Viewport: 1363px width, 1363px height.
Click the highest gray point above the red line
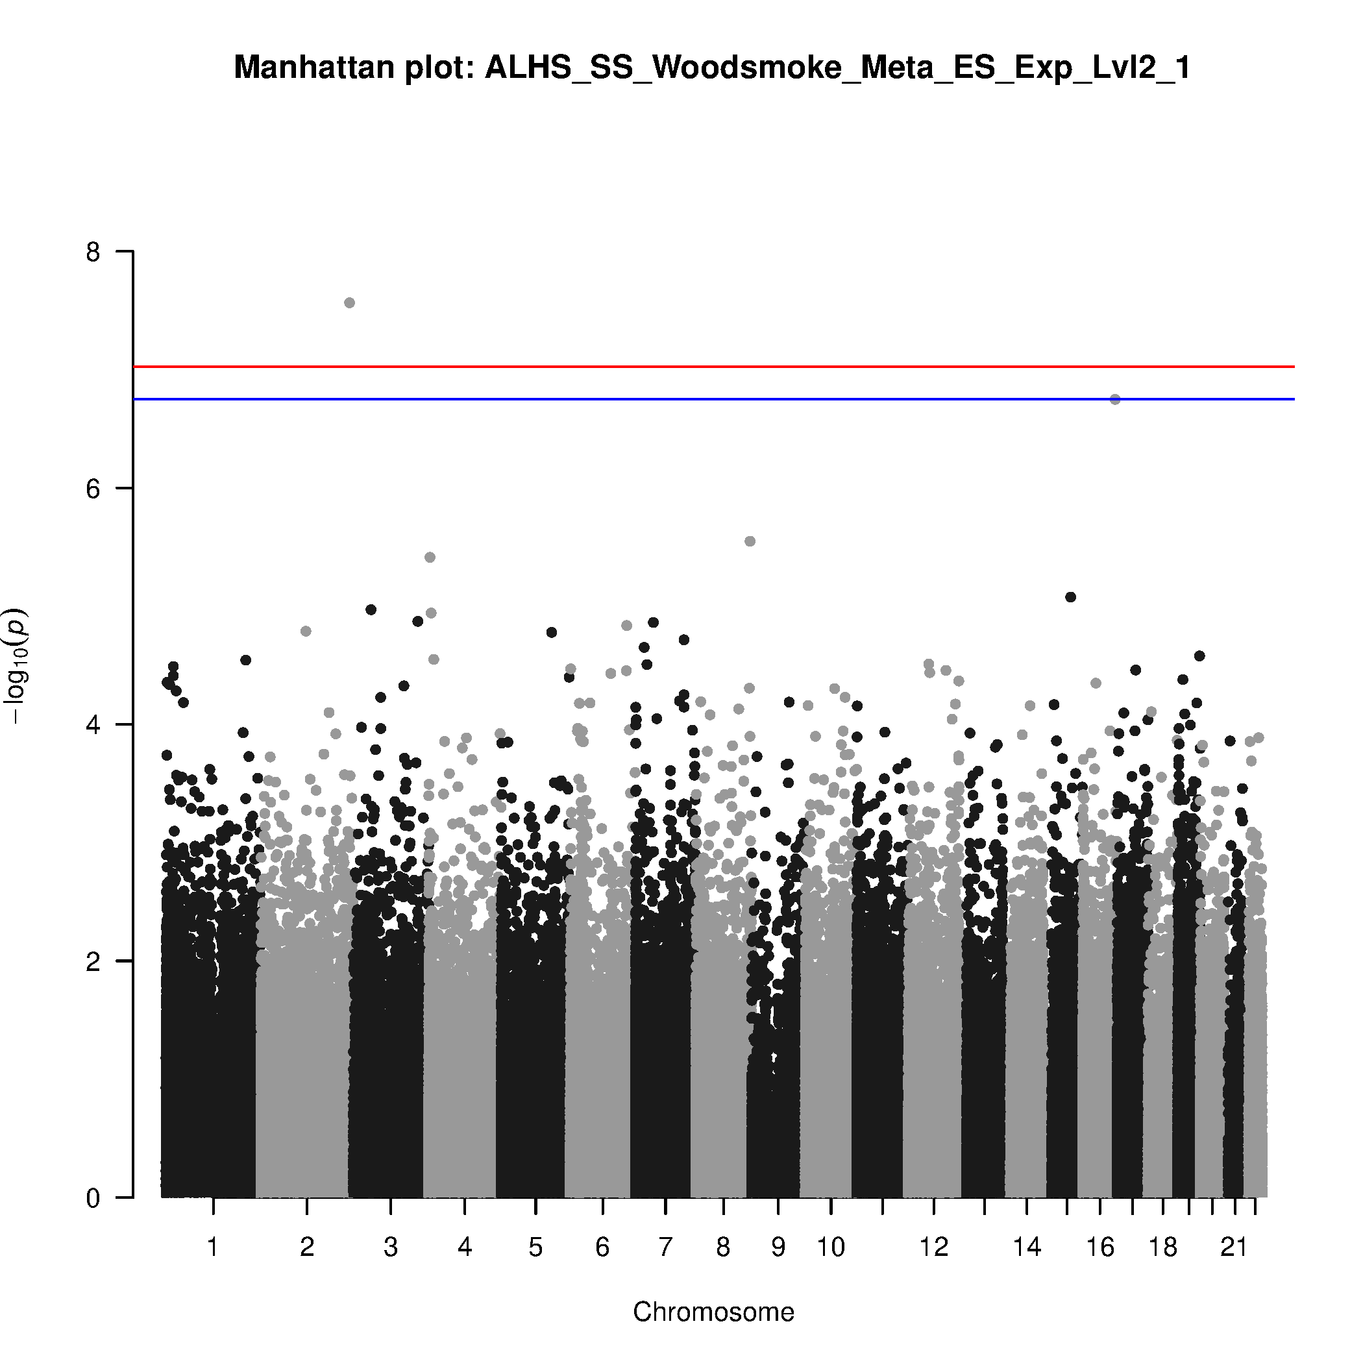349,302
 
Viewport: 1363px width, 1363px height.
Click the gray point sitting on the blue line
1114,399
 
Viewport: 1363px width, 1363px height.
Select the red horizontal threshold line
706,367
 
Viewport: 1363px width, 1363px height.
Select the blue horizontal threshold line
706,399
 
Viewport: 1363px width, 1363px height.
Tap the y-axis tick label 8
93,252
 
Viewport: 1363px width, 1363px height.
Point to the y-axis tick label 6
93,488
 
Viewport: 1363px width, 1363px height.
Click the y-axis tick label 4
93,724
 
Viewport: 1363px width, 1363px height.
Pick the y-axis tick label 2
93,961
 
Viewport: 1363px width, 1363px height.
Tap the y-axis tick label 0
93,1197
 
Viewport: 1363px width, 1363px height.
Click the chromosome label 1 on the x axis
212,1247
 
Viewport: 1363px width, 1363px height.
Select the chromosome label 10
830,1247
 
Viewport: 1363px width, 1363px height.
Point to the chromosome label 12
933,1247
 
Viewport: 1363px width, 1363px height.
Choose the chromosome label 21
1234,1247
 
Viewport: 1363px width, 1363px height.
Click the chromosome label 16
1100,1247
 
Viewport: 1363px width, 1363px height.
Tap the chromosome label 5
535,1247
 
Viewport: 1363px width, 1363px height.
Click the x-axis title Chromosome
713,1312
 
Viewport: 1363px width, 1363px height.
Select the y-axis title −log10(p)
16,665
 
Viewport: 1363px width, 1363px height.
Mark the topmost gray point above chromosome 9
750,541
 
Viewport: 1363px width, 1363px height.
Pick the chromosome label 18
1162,1247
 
